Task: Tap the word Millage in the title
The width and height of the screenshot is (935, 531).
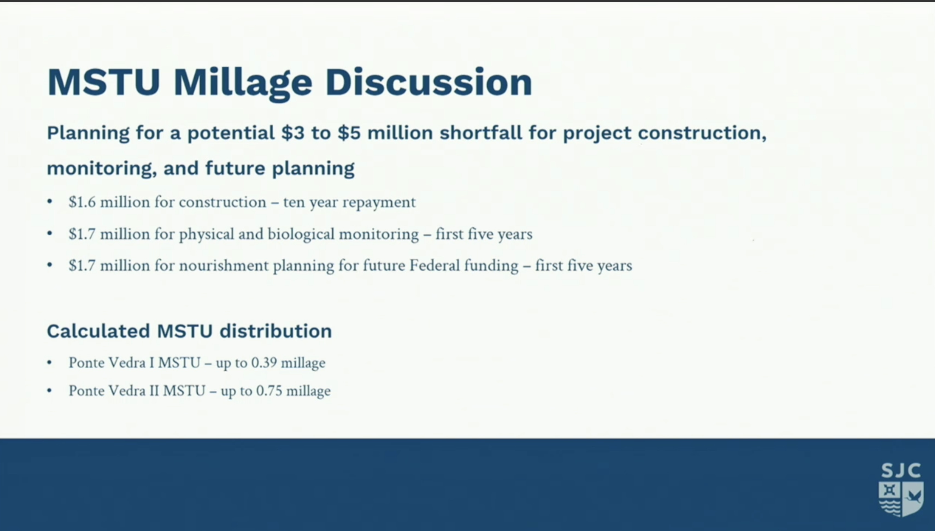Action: point(243,84)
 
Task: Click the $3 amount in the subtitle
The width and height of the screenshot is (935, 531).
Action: point(293,133)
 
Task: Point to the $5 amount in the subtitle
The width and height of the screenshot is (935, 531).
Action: point(349,133)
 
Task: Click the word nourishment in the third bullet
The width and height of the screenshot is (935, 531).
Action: point(224,265)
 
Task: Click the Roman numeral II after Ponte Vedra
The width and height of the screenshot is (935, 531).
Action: point(154,391)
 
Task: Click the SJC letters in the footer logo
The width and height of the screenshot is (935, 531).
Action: point(901,471)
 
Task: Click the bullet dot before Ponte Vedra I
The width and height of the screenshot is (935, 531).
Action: point(49,363)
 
